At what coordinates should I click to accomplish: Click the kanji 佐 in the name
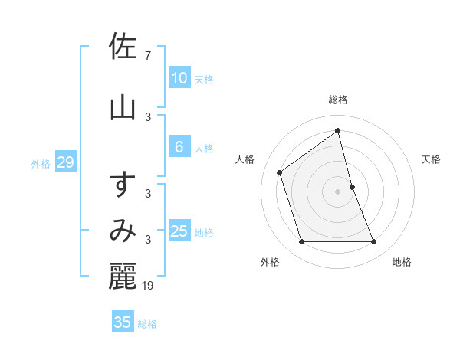(123, 47)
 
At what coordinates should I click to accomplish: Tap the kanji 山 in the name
(123, 107)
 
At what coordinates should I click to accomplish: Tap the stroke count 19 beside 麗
(149, 286)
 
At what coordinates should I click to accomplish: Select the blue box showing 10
(179, 77)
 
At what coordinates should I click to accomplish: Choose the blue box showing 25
(179, 231)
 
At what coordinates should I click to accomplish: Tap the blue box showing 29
(65, 162)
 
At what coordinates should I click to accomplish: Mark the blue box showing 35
(123, 322)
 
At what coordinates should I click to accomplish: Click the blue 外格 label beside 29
(41, 163)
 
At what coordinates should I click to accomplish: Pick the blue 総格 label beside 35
(147, 324)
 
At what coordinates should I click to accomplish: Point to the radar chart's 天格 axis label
(431, 159)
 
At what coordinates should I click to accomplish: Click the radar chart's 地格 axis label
(402, 262)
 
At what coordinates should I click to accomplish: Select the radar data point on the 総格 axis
(338, 130)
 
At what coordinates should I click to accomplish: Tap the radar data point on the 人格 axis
(280, 172)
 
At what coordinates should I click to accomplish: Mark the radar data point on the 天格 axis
(352, 187)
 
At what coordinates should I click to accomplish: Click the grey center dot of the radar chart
(338, 191)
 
